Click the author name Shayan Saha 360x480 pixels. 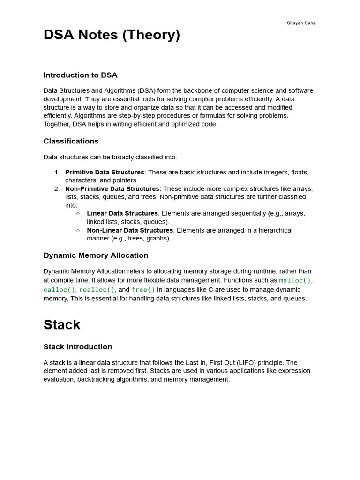301,23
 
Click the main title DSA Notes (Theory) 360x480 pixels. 112,35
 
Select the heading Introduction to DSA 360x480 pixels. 80,75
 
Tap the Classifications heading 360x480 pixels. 71,141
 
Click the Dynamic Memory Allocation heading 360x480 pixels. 96,255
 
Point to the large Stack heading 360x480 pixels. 62,325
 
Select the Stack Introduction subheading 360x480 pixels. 78,347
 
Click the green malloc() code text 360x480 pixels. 295,280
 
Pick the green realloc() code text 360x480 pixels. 97,290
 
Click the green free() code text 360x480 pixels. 143,290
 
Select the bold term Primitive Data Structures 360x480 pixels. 105,172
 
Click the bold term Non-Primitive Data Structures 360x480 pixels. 112,189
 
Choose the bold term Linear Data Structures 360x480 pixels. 122,213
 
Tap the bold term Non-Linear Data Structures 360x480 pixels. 130,230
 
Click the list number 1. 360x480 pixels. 57,172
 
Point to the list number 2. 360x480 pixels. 57,189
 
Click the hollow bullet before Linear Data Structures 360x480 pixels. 78,214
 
